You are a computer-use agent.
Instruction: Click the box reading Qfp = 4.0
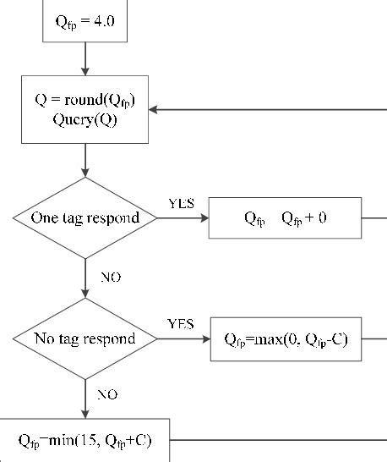click(85, 20)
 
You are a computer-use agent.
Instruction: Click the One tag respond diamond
click(85, 217)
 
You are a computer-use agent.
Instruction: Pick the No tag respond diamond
click(85, 338)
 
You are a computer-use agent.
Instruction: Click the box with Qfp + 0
click(286, 218)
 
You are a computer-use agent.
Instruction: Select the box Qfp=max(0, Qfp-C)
click(286, 339)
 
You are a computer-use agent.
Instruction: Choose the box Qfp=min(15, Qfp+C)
click(84, 440)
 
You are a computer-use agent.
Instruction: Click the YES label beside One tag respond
click(181, 204)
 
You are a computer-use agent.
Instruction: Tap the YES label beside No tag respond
click(181, 324)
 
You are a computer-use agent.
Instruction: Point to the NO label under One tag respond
click(109, 277)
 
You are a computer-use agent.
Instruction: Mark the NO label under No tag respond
click(107, 394)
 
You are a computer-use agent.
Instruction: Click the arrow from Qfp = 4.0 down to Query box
click(85, 58)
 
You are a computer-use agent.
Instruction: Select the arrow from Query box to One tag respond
click(85, 160)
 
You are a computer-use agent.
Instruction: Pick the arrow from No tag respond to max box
click(185, 338)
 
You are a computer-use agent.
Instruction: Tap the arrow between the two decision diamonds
click(85, 278)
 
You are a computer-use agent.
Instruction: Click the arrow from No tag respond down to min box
click(85, 398)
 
